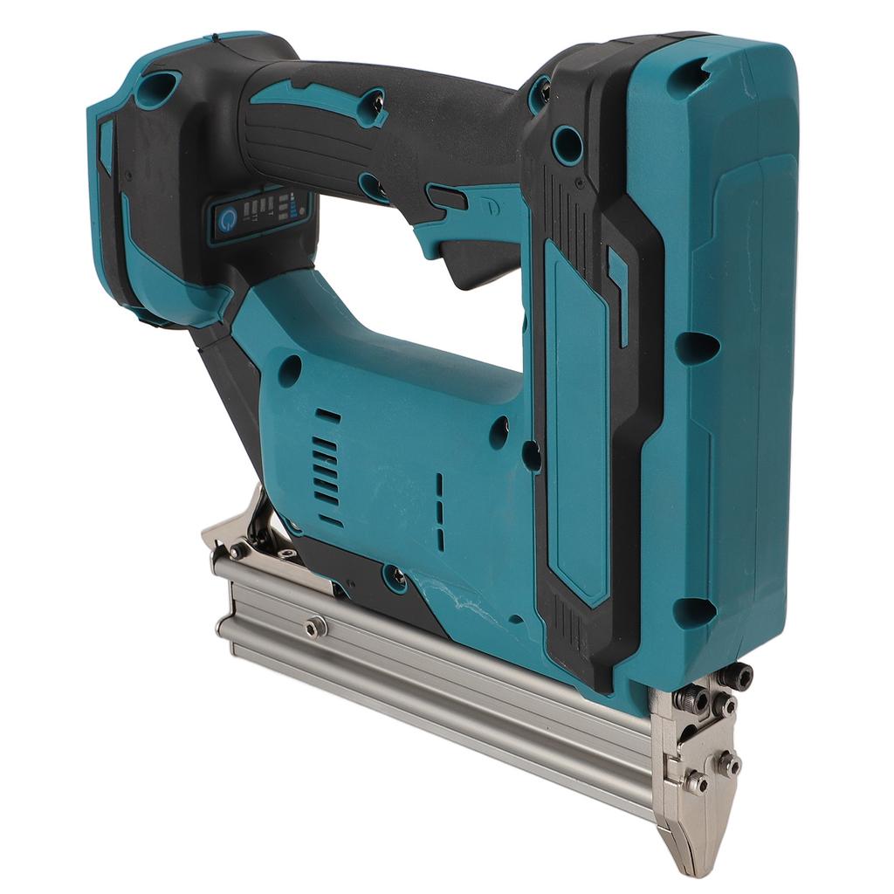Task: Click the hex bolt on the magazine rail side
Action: [316, 626]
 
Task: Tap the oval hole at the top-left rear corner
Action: [157, 88]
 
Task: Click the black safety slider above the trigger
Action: [446, 197]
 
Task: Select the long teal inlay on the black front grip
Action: [576, 419]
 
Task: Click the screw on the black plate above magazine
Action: [395, 576]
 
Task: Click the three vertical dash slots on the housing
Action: [439, 512]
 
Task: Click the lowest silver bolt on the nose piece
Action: [696, 782]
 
